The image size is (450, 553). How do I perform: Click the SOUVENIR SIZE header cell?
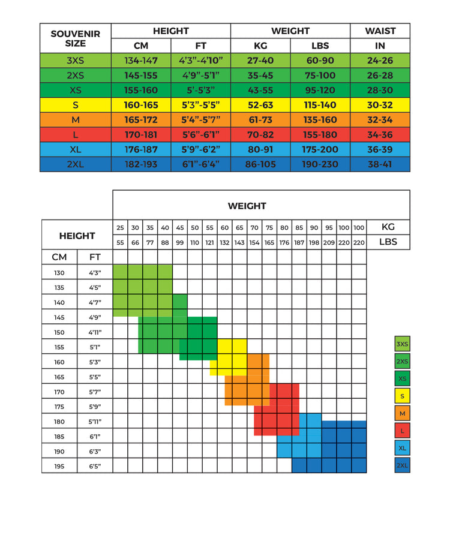pos(76,38)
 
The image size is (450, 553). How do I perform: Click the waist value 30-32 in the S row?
pos(380,105)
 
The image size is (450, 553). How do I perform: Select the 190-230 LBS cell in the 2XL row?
pos(320,164)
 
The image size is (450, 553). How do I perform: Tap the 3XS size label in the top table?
pos(76,60)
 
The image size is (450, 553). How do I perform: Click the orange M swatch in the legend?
pos(402,413)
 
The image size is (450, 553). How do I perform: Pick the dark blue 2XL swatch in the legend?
pos(402,465)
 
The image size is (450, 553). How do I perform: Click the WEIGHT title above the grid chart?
pos(247,206)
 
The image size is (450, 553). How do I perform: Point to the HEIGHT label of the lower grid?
pos(77,236)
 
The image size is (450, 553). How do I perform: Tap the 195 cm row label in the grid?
pos(59,466)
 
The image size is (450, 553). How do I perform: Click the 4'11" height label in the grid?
pos(95,332)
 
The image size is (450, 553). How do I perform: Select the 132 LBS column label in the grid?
pos(224,242)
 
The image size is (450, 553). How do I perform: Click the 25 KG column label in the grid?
pos(120,228)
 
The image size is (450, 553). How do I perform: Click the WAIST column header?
pos(380,31)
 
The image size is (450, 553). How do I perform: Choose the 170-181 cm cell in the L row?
pos(141,135)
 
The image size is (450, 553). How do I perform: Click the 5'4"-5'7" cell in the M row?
pos(200,120)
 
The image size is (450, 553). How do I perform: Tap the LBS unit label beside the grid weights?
pos(388,242)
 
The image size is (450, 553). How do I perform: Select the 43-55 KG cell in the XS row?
pos(260,90)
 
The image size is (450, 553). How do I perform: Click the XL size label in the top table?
pos(76,149)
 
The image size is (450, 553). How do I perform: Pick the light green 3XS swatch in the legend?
pos(402,344)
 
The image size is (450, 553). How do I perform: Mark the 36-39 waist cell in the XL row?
pos(380,149)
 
